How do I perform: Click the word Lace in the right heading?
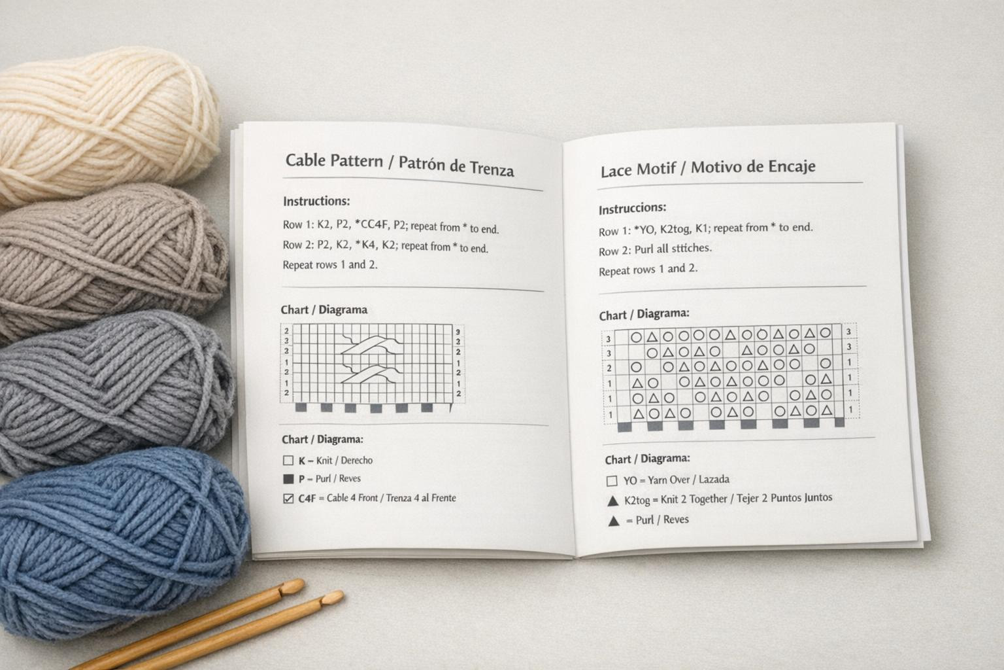coord(616,171)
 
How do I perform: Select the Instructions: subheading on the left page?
coord(316,202)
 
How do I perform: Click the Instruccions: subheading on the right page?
coord(632,209)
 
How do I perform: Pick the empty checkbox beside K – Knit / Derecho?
coord(288,461)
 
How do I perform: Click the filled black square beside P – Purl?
coord(288,479)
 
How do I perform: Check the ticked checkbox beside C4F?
coord(288,499)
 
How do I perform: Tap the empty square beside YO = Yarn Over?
coord(612,481)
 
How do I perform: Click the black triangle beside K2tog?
coord(612,501)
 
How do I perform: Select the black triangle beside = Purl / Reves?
coord(613,521)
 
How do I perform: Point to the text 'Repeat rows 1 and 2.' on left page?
coord(330,265)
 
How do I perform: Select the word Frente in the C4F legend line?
coord(444,498)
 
